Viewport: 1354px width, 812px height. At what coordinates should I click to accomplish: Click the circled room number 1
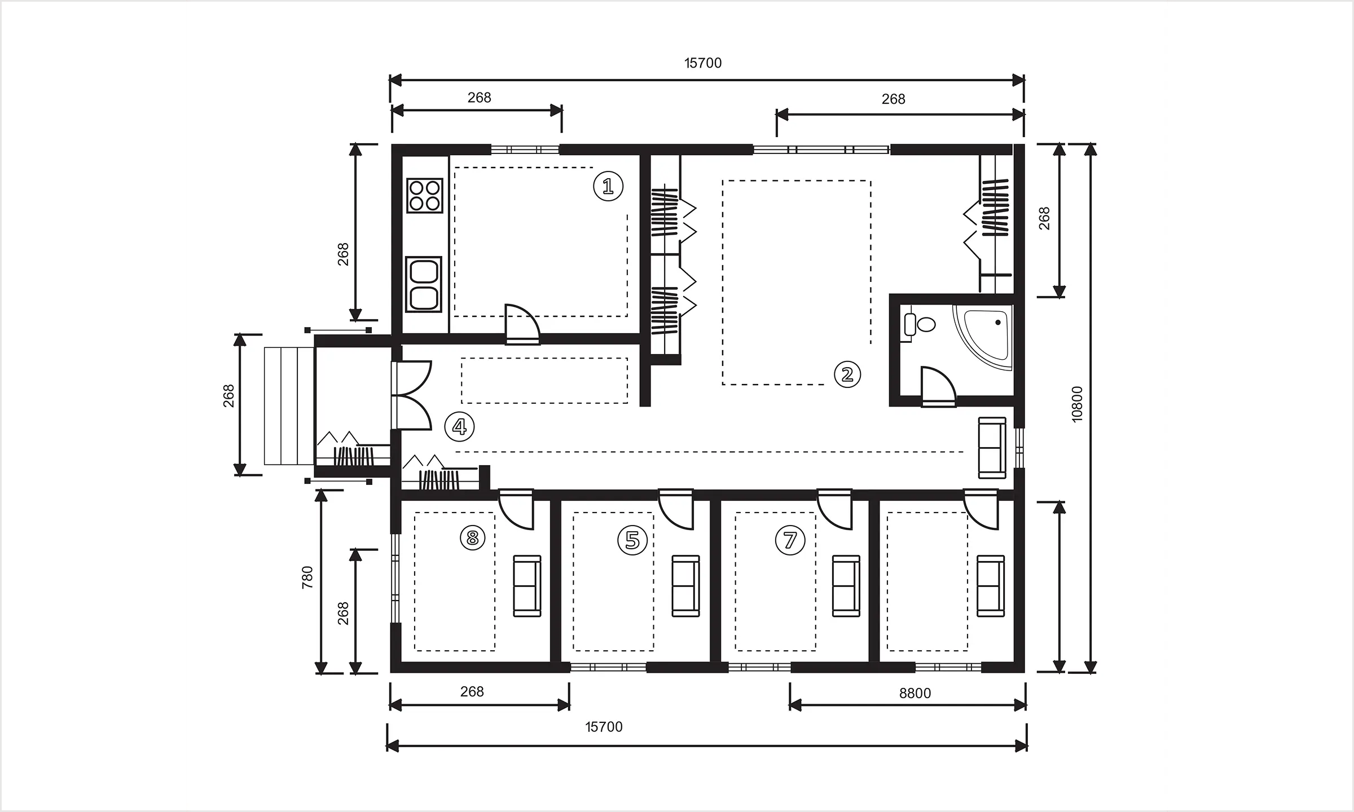[608, 187]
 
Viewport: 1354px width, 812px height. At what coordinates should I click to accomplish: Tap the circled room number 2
[847, 374]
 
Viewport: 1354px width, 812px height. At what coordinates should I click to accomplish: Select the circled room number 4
[459, 427]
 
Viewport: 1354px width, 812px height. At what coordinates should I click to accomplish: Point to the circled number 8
[473, 538]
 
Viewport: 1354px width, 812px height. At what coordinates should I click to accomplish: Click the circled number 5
[632, 540]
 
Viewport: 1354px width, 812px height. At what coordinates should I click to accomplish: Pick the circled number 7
[790, 540]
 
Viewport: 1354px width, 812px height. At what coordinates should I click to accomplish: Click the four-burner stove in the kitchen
[425, 195]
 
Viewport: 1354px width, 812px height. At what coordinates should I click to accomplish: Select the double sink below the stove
[424, 284]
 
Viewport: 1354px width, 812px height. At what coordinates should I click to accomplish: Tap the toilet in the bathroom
[921, 324]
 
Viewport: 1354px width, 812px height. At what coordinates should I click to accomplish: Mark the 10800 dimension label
[1077, 404]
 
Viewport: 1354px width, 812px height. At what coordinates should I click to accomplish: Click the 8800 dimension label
[915, 693]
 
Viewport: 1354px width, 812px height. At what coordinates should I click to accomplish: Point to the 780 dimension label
[307, 577]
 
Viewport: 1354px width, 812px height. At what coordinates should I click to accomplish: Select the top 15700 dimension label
[703, 63]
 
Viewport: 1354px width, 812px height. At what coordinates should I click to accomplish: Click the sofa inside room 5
[685, 586]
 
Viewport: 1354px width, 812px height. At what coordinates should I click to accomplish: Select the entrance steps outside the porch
[289, 406]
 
